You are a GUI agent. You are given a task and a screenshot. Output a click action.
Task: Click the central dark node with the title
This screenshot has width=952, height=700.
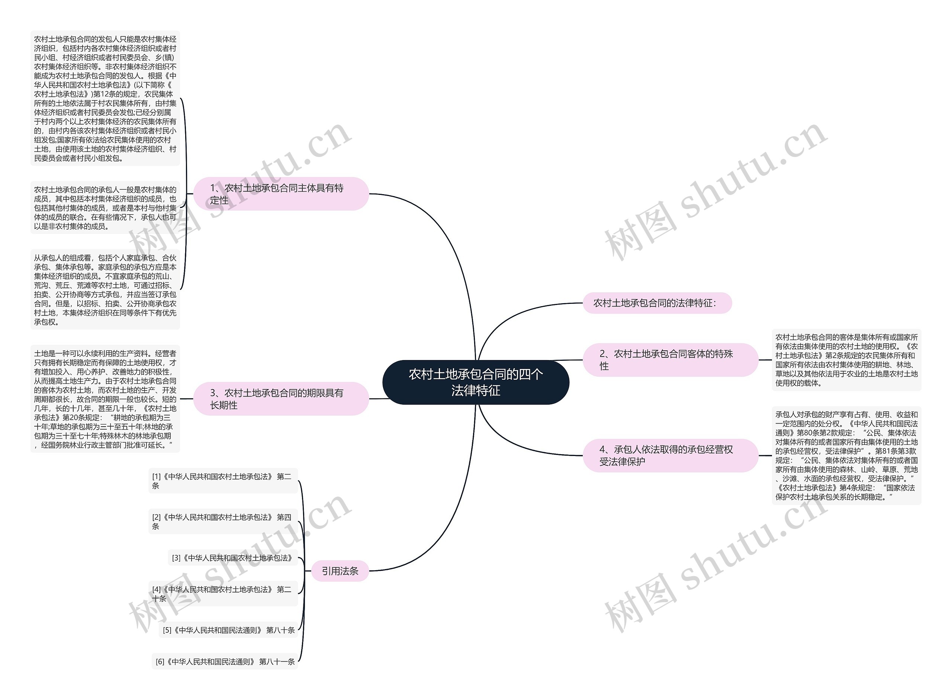tap(475, 382)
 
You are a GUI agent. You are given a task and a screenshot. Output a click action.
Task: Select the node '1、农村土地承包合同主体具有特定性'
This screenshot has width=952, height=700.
tap(281, 194)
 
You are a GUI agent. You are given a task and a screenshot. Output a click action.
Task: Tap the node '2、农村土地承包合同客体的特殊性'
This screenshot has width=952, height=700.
tap(670, 360)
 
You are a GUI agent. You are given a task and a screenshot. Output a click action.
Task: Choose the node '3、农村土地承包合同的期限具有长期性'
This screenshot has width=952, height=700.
tap(281, 399)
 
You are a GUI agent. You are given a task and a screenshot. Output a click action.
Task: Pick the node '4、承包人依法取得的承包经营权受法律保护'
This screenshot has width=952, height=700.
tap(670, 456)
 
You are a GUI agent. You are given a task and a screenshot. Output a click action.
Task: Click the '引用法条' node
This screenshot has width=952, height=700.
tap(340, 571)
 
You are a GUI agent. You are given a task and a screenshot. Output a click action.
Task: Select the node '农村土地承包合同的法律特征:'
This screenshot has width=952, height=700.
tap(657, 303)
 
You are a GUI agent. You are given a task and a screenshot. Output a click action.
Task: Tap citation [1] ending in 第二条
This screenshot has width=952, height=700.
tap(223, 481)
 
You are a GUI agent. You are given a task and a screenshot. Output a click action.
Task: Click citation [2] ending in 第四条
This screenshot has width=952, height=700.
tap(223, 521)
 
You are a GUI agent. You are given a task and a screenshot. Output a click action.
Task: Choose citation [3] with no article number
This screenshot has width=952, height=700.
tap(232, 558)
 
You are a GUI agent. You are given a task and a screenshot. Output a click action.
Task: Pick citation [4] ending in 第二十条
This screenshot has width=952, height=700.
tap(223, 594)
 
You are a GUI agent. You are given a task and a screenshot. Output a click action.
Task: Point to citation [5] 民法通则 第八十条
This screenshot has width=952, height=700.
tap(229, 630)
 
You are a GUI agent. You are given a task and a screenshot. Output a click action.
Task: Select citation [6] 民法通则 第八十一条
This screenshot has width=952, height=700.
tap(225, 661)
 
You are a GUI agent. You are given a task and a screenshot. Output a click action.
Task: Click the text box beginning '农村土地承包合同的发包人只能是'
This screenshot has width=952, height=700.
tap(105, 98)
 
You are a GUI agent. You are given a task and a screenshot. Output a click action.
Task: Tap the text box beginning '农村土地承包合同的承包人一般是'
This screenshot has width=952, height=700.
tap(105, 208)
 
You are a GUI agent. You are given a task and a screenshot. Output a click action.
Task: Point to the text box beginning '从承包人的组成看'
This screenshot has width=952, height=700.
tap(105, 289)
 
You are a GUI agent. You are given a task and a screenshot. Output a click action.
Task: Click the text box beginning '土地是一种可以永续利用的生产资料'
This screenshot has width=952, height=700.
tap(105, 399)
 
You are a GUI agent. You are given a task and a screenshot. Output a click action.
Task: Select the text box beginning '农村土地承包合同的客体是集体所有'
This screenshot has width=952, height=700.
tap(846, 360)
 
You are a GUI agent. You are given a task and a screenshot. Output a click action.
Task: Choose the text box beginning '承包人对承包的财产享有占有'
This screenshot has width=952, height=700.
tap(846, 456)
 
